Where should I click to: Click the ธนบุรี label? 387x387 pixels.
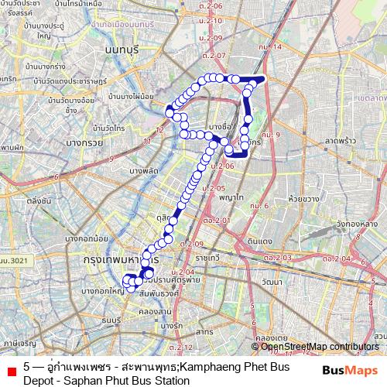(113, 319)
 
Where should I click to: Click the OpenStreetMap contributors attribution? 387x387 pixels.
(320, 347)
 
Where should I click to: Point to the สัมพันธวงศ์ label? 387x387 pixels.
(159, 294)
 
